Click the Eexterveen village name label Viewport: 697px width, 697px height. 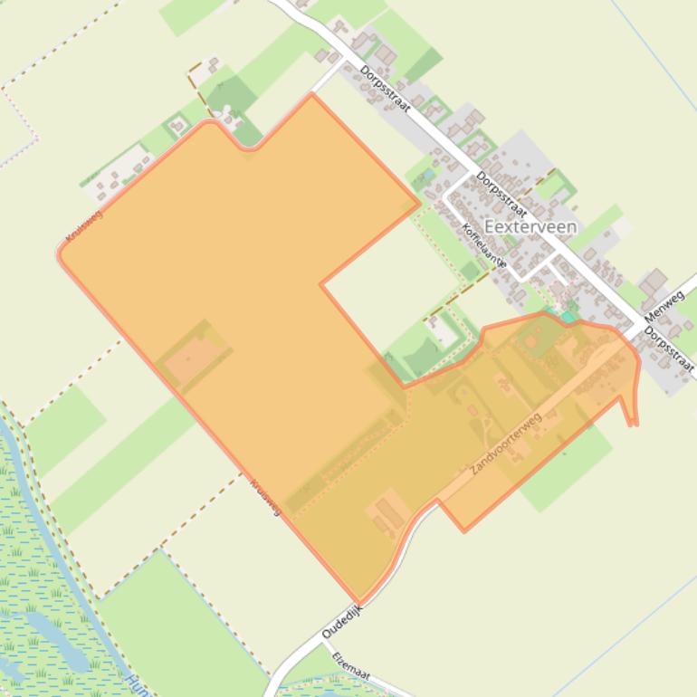pyautogui.click(x=530, y=227)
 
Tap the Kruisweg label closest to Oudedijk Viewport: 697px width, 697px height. pyautogui.click(x=265, y=497)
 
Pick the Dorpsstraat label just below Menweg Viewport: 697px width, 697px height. pyautogui.click(x=671, y=351)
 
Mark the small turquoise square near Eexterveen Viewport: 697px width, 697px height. pyautogui.click(x=568, y=317)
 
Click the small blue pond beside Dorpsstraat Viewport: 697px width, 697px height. pyautogui.click(x=427, y=174)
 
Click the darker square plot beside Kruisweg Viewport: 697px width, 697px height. pyautogui.click(x=193, y=355)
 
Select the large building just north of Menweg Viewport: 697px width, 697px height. pyautogui.click(x=654, y=284)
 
